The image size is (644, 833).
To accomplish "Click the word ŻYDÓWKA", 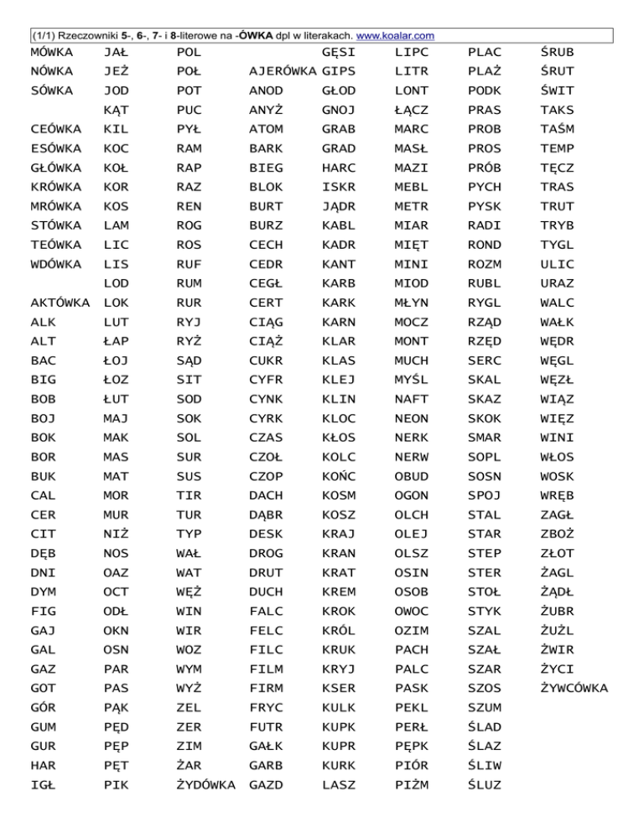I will pos(206,785).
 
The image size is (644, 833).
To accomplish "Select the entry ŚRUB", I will pos(558,53).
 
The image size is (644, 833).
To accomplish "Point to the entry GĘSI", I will pos(338,53).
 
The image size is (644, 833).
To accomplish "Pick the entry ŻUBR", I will pos(558,612).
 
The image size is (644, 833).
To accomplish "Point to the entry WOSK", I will pos(558,477).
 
